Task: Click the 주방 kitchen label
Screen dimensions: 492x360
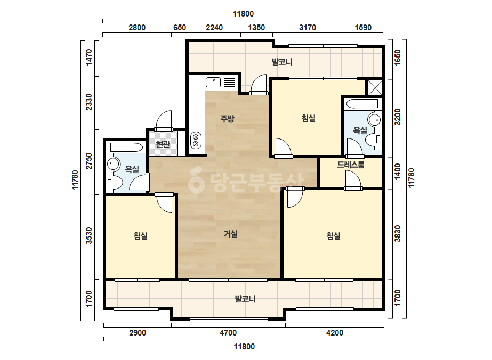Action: click(227, 119)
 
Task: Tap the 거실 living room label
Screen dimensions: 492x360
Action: click(231, 234)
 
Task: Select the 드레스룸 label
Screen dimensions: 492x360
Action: click(351, 165)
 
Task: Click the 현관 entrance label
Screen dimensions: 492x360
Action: click(163, 144)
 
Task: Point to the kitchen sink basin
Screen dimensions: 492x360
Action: click(213, 83)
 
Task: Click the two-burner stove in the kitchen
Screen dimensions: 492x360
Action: click(196, 140)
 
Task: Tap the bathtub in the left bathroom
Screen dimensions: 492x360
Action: click(126, 148)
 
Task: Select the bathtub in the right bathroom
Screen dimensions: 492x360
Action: click(361, 104)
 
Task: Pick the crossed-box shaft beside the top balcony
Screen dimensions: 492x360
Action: click(375, 87)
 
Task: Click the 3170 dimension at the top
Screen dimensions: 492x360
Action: click(308, 28)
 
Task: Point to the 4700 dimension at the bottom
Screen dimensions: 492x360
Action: click(228, 333)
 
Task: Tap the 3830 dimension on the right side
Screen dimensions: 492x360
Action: click(398, 234)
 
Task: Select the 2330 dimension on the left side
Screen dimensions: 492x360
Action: click(89, 102)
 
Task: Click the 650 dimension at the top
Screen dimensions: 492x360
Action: click(180, 28)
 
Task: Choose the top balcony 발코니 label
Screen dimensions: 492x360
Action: click(282, 62)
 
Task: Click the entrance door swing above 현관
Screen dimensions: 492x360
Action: click(164, 120)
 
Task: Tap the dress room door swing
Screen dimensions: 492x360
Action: click(353, 180)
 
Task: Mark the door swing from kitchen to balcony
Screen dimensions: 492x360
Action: click(259, 84)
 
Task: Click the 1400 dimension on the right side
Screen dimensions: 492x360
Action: click(398, 172)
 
